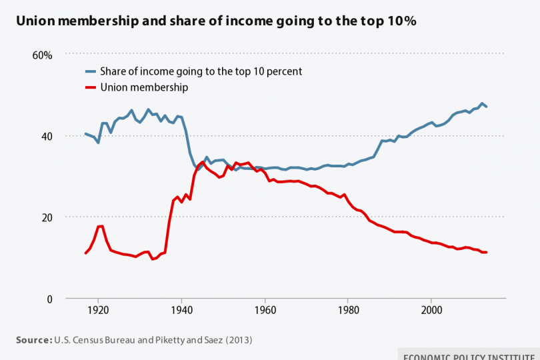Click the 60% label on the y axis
pos(42,55)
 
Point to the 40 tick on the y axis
pos(45,136)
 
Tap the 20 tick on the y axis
pos(45,217)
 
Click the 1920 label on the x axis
pos(98,311)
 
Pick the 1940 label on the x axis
pos(181,311)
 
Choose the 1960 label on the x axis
pos(265,311)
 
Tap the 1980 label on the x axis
pos(348,311)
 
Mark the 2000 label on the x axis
pos(431,311)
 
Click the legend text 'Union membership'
pos(144,87)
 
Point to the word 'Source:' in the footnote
pos(33,340)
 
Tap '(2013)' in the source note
pos(239,340)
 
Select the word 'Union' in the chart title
pos(37,21)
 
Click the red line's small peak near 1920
pos(100,226)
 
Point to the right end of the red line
pos(487,252)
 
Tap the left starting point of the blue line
pos(85,134)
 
